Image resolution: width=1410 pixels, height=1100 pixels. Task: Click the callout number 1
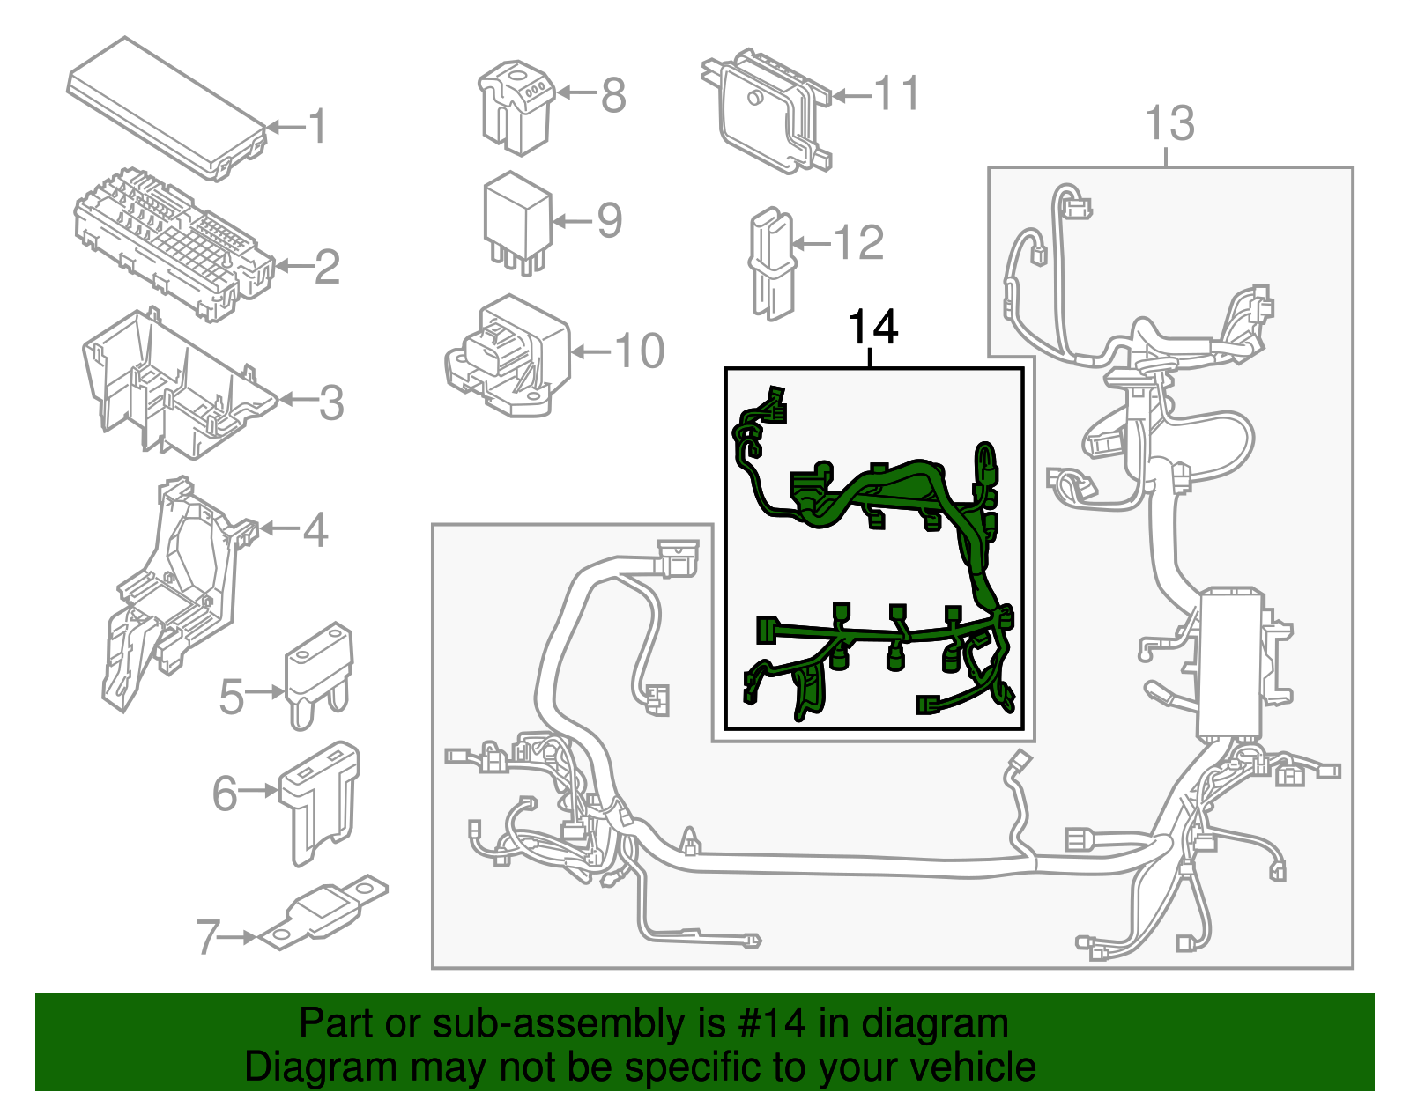point(317,127)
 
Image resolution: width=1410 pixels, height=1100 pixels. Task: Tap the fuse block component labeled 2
point(172,242)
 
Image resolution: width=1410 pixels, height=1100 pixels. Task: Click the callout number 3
point(330,402)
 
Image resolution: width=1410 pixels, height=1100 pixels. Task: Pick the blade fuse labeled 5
point(318,674)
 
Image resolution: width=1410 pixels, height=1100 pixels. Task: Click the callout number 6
point(225,793)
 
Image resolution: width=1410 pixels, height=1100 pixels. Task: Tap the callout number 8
point(613,95)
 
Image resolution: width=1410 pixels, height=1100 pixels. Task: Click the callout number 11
point(897,93)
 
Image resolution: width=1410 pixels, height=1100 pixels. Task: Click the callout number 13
point(1169,123)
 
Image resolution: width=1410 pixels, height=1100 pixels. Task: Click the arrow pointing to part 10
point(590,352)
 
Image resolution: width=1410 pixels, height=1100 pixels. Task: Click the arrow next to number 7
point(238,937)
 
